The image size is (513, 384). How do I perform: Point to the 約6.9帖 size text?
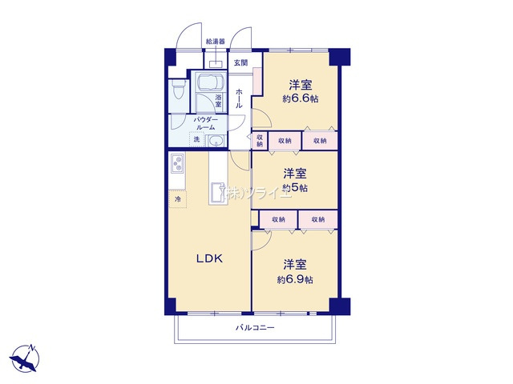pyautogui.click(x=295, y=279)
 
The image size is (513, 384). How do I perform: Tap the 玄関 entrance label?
pyautogui.click(x=240, y=62)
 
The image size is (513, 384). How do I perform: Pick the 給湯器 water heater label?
pyautogui.click(x=215, y=40)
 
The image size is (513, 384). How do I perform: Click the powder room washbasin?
pyautogui.click(x=215, y=142)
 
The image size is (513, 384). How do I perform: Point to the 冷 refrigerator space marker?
pyautogui.click(x=177, y=198)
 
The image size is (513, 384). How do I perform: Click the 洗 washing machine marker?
pyautogui.click(x=196, y=139)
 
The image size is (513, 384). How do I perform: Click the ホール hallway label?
pyautogui.click(x=239, y=98)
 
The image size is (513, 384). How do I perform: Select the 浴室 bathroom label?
pyautogui.click(x=218, y=101)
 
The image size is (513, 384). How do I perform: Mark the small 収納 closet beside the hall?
pyautogui.click(x=260, y=140)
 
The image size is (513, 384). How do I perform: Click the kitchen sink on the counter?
pyautogui.click(x=217, y=192)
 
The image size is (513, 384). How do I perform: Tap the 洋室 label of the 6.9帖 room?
pyautogui.click(x=295, y=264)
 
